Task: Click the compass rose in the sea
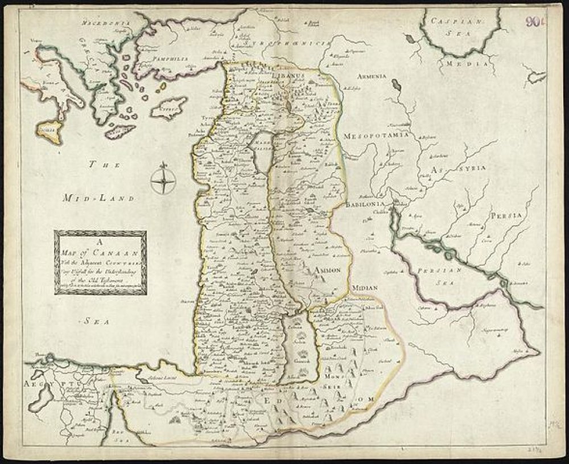pos(164,181)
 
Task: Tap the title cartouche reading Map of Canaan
pos(101,262)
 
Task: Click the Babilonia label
pos(366,203)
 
